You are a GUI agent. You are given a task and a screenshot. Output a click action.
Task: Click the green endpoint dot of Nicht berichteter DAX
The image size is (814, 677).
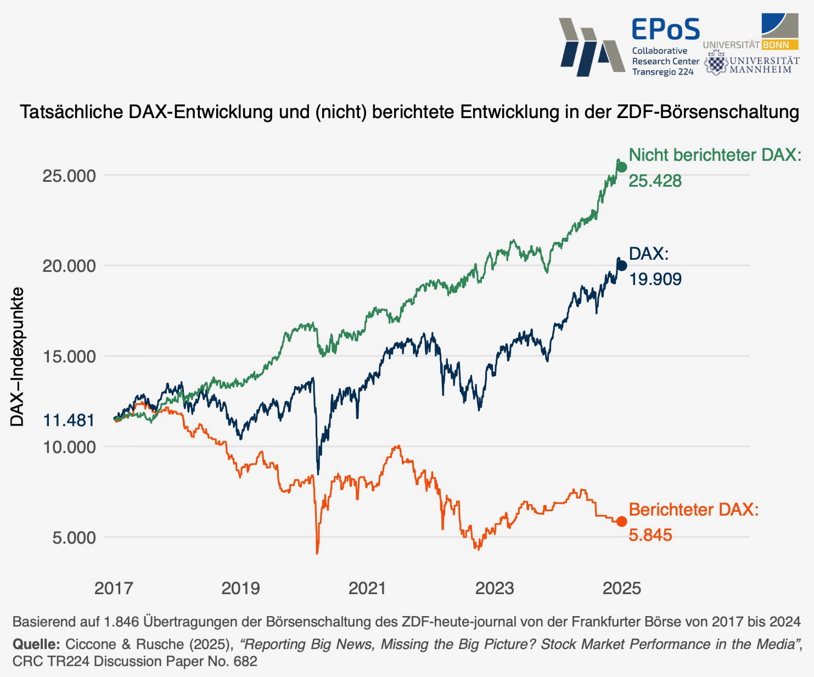(x=622, y=167)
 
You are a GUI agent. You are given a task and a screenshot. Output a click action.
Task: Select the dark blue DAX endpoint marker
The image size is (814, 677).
(x=622, y=266)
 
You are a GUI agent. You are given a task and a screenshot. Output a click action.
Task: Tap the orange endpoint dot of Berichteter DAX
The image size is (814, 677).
(x=621, y=522)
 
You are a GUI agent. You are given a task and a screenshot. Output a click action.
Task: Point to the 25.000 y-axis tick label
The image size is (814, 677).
(x=69, y=176)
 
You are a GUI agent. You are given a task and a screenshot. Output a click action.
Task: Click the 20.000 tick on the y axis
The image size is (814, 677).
(x=69, y=266)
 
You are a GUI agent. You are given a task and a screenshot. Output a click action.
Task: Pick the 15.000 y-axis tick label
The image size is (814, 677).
(x=69, y=357)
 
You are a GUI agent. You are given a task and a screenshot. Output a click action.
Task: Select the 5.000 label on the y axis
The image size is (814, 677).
(x=74, y=538)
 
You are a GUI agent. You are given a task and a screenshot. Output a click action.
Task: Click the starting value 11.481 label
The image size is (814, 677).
(x=69, y=421)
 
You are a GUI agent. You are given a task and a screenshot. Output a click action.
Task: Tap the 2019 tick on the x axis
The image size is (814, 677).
(x=240, y=589)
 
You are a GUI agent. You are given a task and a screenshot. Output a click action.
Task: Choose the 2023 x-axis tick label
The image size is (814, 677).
(x=495, y=589)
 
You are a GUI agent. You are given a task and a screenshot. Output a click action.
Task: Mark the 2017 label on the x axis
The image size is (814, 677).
(x=114, y=589)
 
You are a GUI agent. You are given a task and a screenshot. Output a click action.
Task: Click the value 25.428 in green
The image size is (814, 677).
(x=655, y=181)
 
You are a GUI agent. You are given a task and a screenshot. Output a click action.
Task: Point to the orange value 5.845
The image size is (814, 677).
(x=650, y=535)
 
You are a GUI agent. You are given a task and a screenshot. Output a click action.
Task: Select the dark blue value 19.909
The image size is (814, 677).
(x=655, y=279)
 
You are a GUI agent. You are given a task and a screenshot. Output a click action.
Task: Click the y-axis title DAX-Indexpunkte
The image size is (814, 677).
(x=18, y=357)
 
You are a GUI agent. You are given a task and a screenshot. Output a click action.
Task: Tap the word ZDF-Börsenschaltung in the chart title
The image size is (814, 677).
(x=708, y=112)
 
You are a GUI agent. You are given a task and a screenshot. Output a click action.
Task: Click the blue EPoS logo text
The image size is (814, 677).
(x=665, y=30)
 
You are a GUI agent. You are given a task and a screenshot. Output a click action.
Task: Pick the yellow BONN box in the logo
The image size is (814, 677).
(x=776, y=45)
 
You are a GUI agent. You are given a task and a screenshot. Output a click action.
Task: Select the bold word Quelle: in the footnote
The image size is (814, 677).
(x=36, y=644)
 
